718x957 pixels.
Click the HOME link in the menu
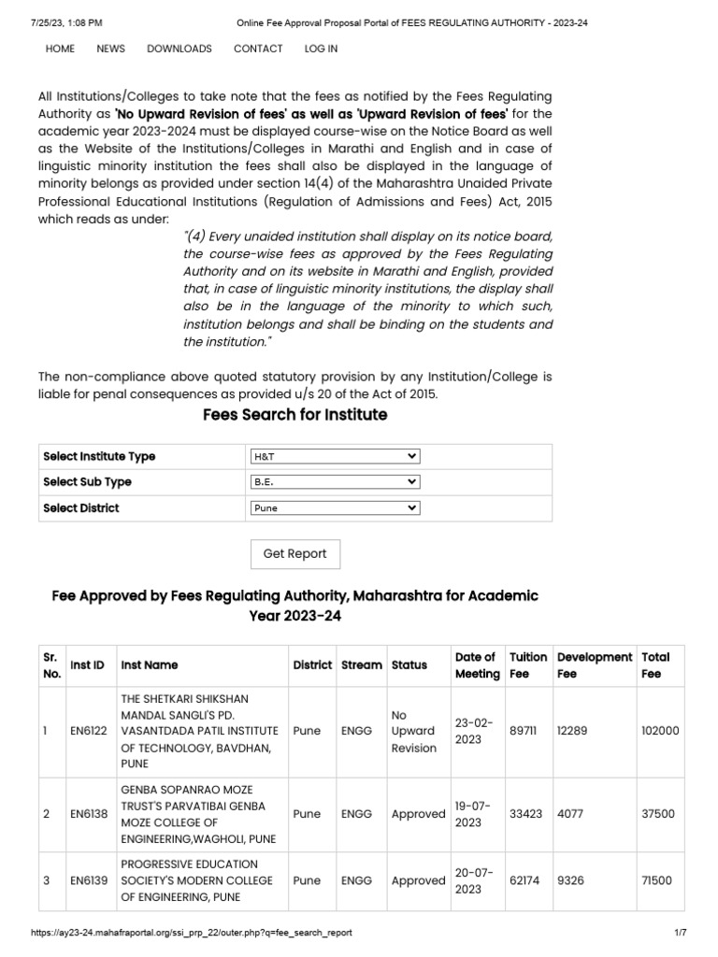point(60,49)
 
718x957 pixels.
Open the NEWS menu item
point(110,49)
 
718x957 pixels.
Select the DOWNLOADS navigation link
point(179,49)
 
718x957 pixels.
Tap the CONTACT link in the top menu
point(257,49)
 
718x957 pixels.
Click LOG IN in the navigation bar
point(321,49)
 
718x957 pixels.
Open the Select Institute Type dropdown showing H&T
point(335,456)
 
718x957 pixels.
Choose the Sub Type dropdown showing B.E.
point(335,482)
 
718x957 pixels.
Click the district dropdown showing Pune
point(335,508)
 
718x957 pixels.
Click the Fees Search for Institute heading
point(294,414)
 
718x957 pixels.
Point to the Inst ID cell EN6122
point(88,731)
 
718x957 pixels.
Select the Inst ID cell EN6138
point(88,814)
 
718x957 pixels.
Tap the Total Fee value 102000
point(660,731)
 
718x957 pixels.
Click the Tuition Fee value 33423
point(525,814)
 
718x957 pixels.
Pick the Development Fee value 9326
point(572,880)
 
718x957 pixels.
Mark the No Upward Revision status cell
point(413,731)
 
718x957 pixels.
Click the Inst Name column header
point(150,665)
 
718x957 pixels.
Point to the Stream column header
point(361,665)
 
